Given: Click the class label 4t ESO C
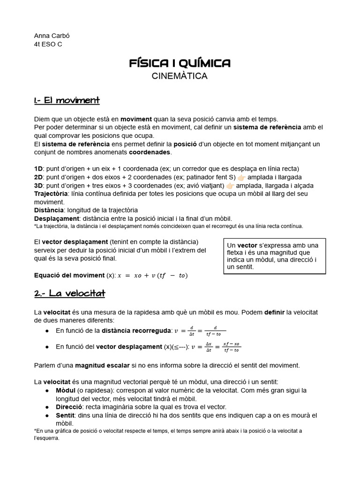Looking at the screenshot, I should [48, 44].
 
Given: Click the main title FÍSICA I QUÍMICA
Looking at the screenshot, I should [180, 63].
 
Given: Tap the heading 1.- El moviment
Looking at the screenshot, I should [67, 100].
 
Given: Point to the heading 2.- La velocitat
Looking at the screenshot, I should [69, 293].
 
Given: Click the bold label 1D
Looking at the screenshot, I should [38, 168].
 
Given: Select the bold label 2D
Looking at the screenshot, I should [38, 177].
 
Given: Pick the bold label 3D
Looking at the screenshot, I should [38, 185].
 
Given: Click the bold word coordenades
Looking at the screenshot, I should [150, 152].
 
